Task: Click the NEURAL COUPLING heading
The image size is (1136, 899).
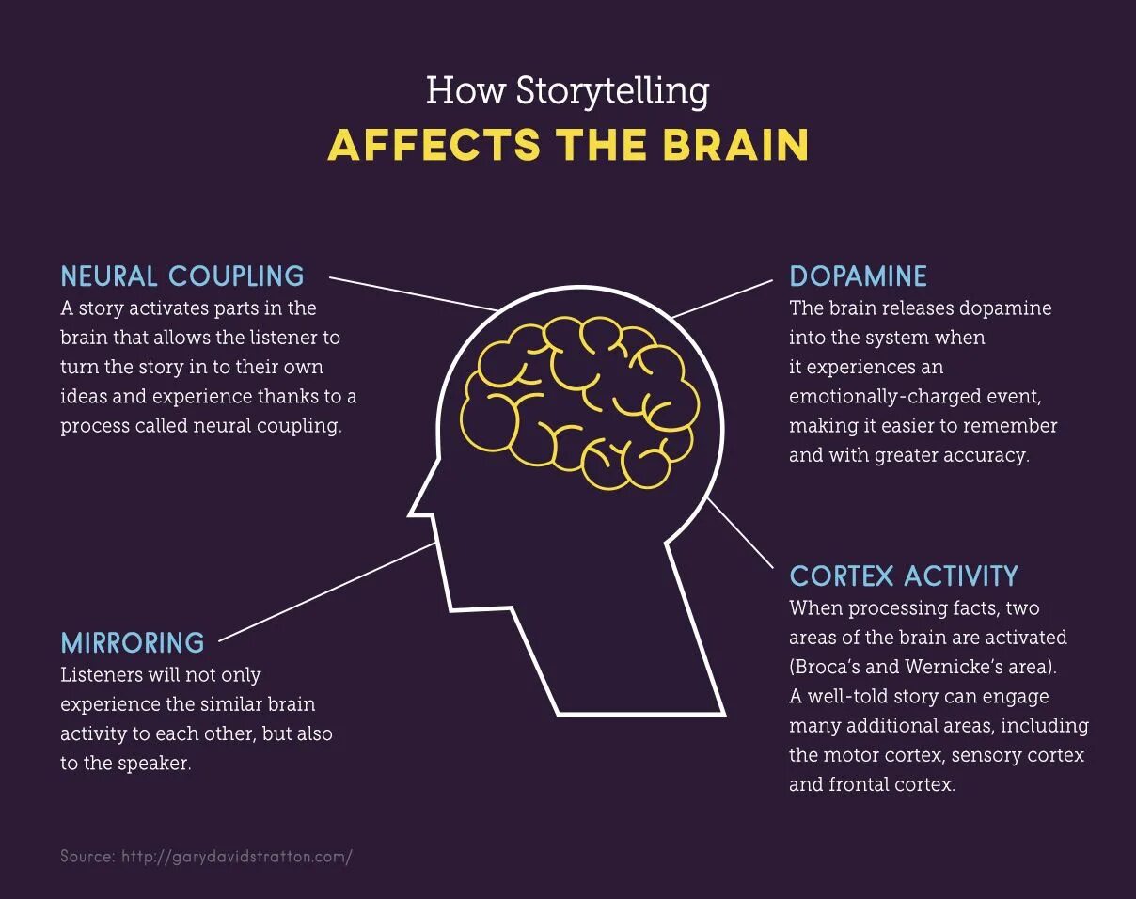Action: [x=182, y=276]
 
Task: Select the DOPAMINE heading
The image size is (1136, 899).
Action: [x=858, y=276]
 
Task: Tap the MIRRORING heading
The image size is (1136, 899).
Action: [x=133, y=642]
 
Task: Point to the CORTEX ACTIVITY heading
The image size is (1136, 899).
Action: [x=904, y=576]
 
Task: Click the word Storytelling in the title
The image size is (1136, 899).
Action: [x=612, y=91]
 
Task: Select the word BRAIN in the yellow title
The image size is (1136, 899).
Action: [x=735, y=146]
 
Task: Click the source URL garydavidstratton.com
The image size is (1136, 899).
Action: [x=236, y=857]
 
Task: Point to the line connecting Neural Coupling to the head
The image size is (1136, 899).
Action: [x=414, y=293]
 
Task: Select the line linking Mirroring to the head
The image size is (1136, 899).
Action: [x=329, y=591]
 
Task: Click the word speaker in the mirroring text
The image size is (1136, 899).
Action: [x=153, y=763]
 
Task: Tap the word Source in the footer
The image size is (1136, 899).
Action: [x=87, y=857]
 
